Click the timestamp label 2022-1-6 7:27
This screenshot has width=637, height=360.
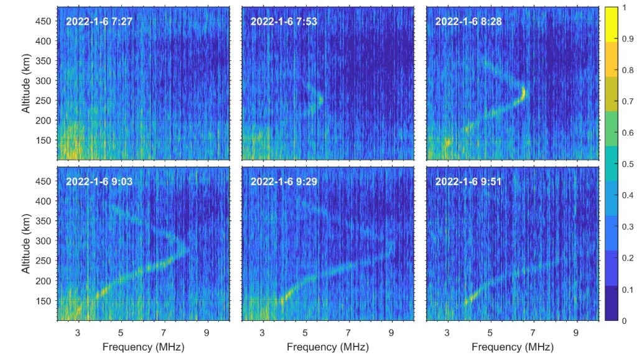click(x=99, y=22)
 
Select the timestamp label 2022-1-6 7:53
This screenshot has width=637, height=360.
click(x=283, y=22)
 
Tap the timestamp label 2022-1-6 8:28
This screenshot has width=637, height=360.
click(x=468, y=22)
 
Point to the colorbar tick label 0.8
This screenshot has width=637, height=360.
click(x=628, y=70)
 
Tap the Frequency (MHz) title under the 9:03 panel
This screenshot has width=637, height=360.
click(x=143, y=346)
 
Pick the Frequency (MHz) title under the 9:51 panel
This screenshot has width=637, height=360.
click(x=512, y=346)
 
